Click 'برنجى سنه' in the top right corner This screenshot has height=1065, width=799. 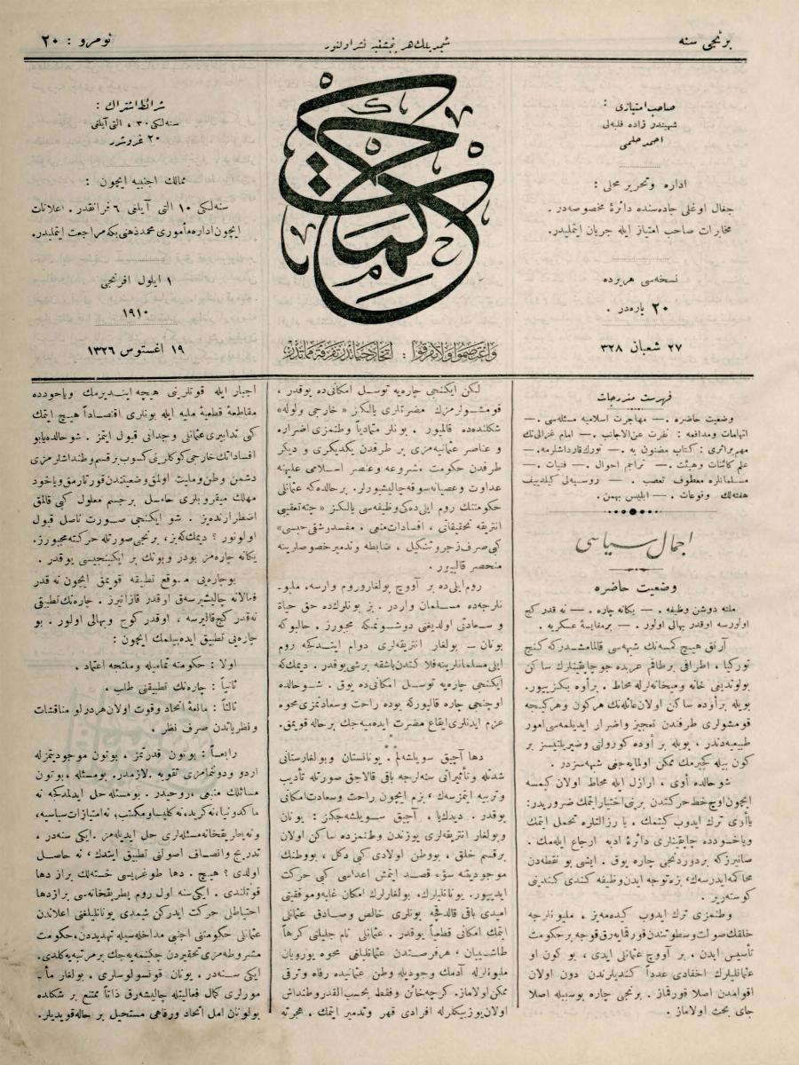[x=724, y=41]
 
